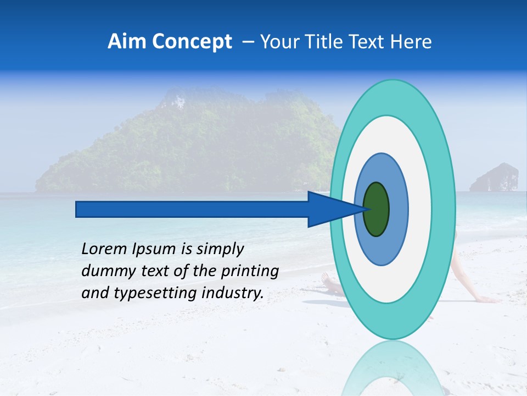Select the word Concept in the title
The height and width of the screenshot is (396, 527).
[x=192, y=42]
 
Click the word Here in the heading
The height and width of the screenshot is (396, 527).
[x=411, y=42]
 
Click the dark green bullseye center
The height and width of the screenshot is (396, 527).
[x=377, y=209]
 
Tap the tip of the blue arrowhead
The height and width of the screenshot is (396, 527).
[x=366, y=209]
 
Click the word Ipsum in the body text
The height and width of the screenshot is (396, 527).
[x=155, y=250]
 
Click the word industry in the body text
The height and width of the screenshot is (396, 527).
[x=233, y=293]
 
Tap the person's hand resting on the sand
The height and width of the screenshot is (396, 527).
[x=489, y=299]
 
